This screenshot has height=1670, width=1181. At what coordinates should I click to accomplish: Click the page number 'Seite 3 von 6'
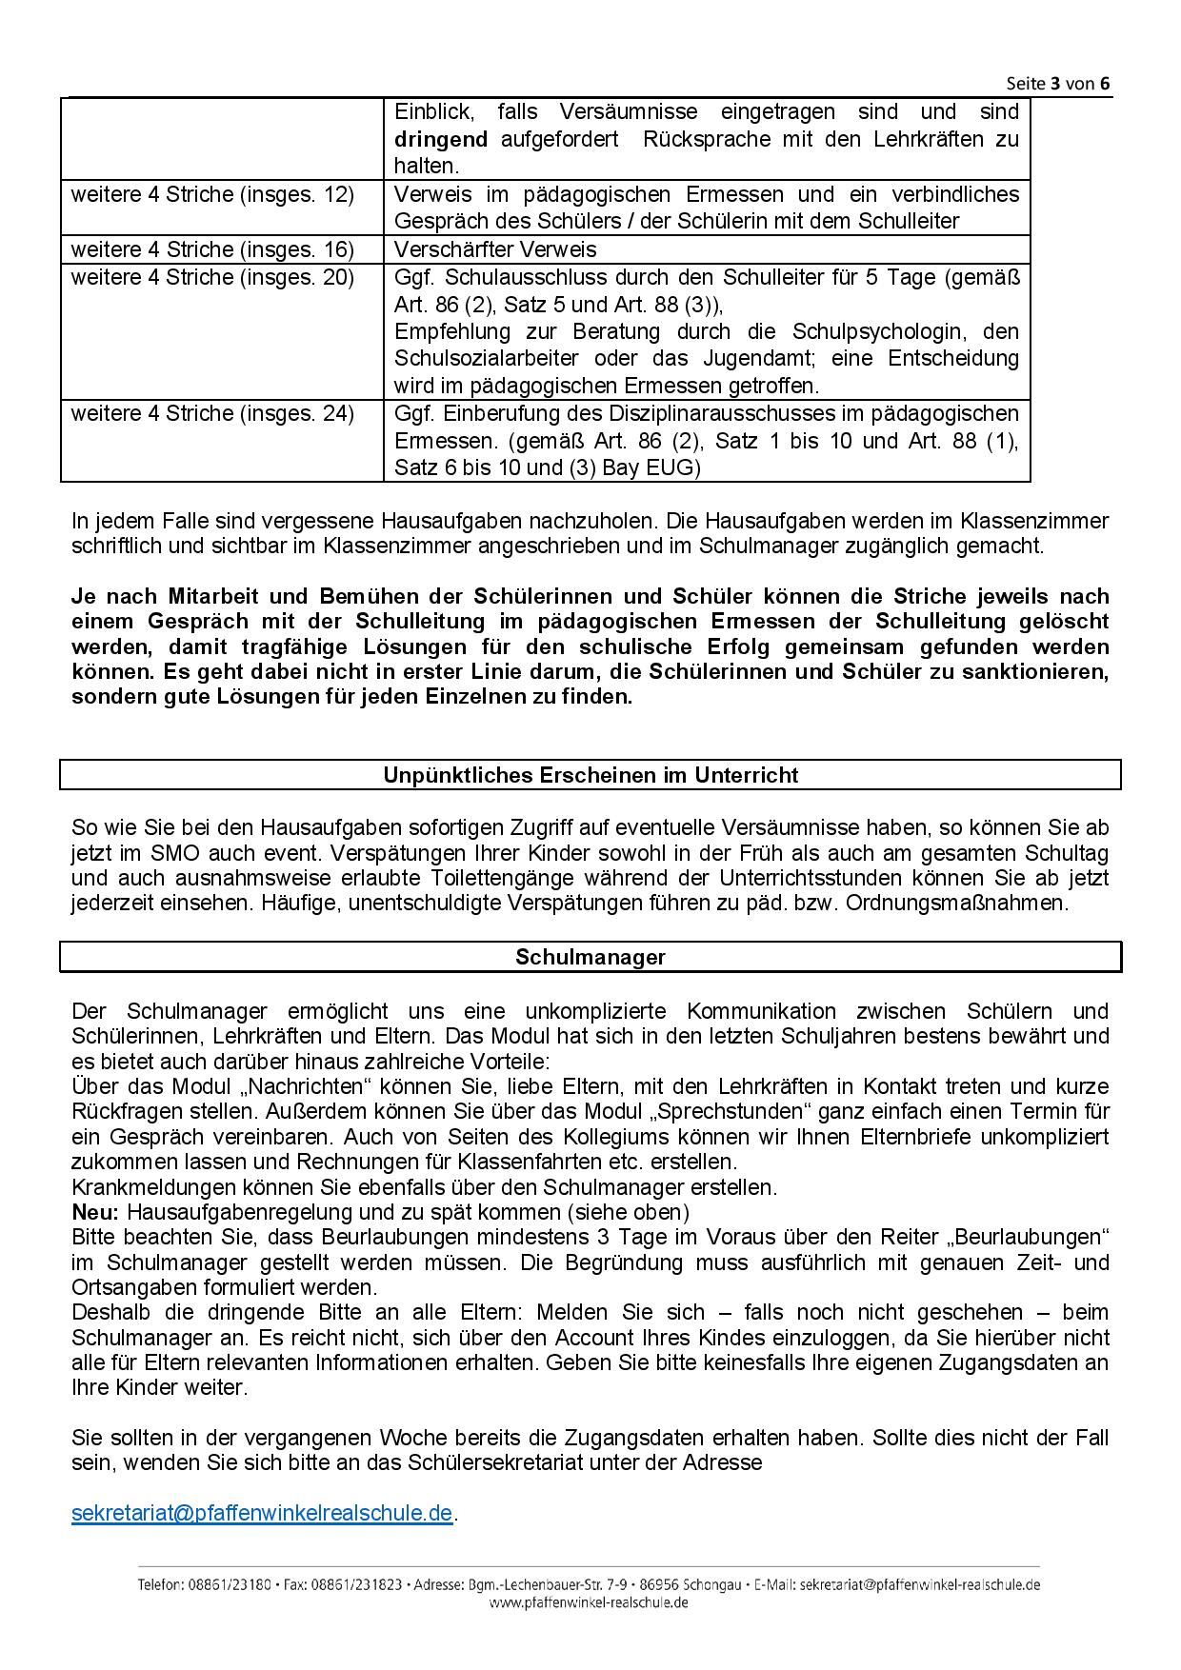coord(1058,83)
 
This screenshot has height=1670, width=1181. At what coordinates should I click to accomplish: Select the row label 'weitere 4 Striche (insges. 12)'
coord(212,195)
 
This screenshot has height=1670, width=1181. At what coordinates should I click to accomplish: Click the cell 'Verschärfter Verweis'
coord(495,250)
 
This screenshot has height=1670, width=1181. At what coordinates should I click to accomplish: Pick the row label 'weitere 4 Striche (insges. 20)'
coord(212,278)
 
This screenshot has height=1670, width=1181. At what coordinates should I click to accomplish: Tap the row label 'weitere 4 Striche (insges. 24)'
coord(212,414)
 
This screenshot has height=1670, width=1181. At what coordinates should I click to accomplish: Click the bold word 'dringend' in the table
coord(441,140)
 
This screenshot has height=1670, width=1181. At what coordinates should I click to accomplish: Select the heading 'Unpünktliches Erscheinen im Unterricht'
coord(590,775)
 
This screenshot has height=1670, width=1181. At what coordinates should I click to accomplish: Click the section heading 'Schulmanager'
coord(590,958)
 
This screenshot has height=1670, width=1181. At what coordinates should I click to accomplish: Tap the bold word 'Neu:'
coord(95,1213)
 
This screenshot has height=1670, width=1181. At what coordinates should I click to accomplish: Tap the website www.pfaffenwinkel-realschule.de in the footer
coord(589,1602)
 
